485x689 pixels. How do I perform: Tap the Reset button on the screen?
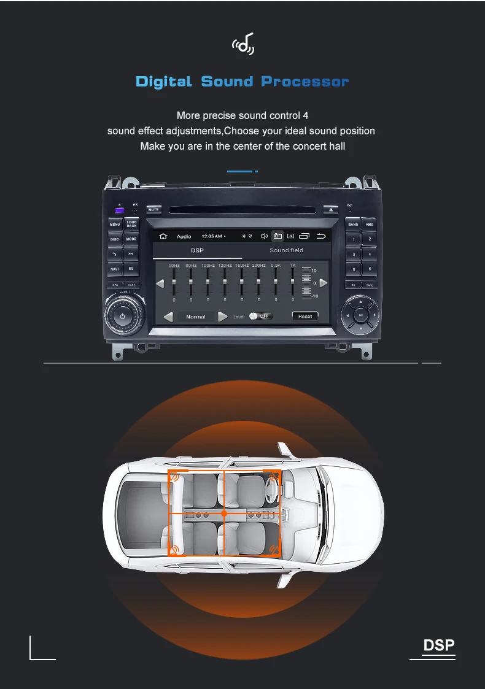pos(305,316)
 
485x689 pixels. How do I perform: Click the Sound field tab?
pos(286,250)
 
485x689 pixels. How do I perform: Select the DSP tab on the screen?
pos(197,250)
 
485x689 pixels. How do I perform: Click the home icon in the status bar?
pos(163,236)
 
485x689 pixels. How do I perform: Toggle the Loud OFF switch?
pos(261,316)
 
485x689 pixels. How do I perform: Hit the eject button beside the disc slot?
pos(331,209)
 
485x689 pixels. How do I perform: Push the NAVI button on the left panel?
pos(115,269)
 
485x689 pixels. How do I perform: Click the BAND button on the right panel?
pos(353,225)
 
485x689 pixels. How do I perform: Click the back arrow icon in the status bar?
pos(320,236)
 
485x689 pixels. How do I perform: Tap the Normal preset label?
pos(196,317)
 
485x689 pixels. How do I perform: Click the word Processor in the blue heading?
pos(305,82)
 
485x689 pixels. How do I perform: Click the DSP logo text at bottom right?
pos(439,645)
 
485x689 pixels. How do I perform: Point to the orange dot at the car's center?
pos(224,513)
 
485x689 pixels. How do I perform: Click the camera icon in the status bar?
pos(277,236)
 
